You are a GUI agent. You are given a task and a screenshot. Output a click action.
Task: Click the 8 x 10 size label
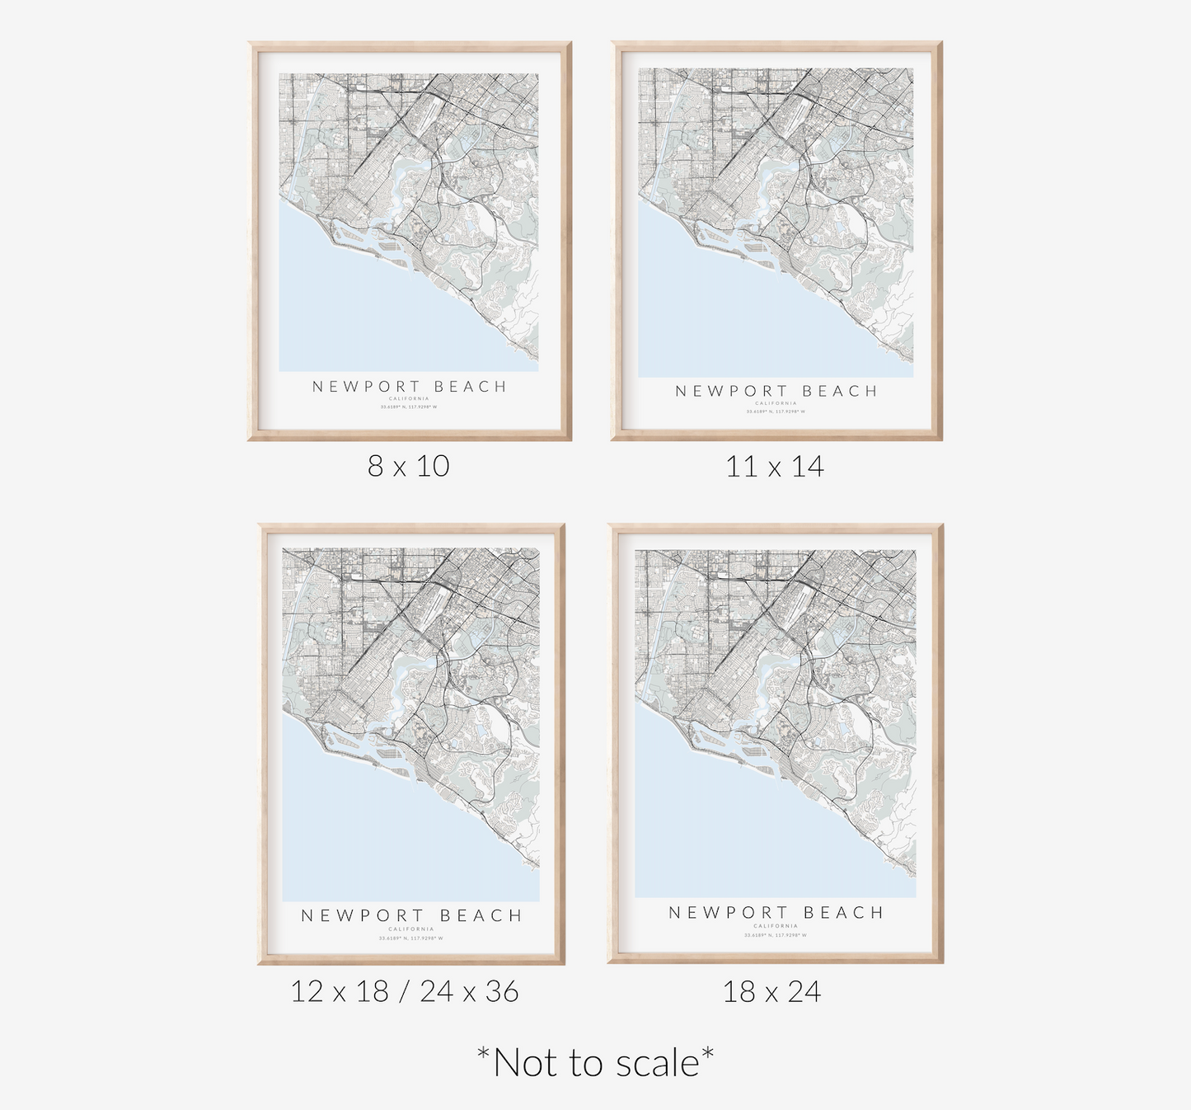pyautogui.click(x=409, y=466)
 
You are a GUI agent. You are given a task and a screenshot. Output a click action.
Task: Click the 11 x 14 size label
pyautogui.click(x=775, y=467)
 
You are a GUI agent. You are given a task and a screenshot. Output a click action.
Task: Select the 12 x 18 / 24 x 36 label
pyautogui.click(x=405, y=991)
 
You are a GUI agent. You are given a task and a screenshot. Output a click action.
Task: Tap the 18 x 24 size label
pyautogui.click(x=772, y=991)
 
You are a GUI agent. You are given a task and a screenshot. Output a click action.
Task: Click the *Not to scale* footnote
pyautogui.click(x=595, y=1062)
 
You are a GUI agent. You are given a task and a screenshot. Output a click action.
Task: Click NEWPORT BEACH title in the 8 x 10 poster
pyautogui.click(x=410, y=386)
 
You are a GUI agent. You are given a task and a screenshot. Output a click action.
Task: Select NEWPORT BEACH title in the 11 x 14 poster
pyautogui.click(x=776, y=391)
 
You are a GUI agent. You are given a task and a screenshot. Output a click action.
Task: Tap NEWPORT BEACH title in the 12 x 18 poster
pyautogui.click(x=411, y=915)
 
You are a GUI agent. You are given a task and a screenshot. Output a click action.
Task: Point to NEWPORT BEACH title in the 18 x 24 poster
pyautogui.click(x=776, y=912)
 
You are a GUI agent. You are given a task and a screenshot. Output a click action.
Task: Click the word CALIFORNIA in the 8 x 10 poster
pyautogui.click(x=410, y=398)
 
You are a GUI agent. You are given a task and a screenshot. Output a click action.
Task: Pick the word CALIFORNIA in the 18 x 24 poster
pyautogui.click(x=776, y=926)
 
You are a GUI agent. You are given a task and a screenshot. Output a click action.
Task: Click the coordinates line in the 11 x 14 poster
pyautogui.click(x=776, y=412)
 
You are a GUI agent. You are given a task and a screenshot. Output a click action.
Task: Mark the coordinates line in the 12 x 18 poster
pyautogui.click(x=411, y=938)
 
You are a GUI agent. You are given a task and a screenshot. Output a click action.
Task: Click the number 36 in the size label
pyautogui.click(x=501, y=991)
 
